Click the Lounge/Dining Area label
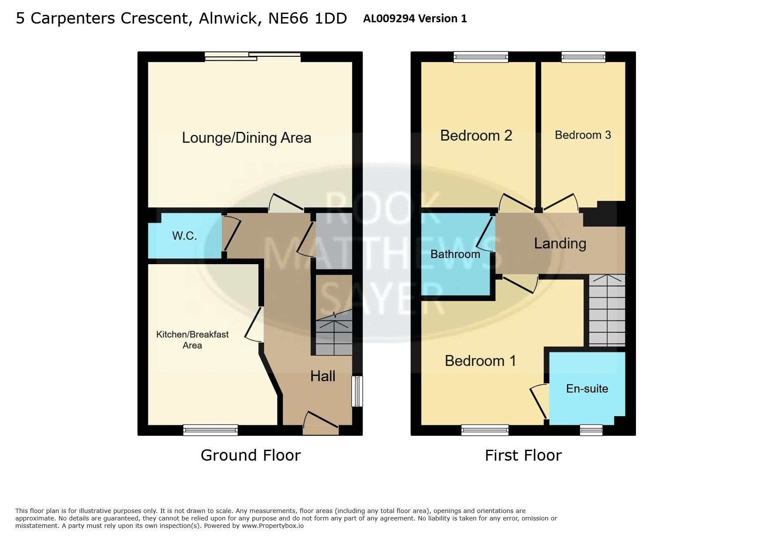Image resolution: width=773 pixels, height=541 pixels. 246,138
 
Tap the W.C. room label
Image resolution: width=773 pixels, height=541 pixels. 185,236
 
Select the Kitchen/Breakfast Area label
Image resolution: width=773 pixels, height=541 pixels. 192,340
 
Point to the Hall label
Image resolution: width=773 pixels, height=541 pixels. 323,376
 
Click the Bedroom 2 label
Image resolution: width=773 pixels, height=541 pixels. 476,135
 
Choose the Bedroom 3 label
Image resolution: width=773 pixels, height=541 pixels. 583,135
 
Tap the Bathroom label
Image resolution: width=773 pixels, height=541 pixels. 455,254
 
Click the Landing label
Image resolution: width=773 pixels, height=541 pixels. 560,243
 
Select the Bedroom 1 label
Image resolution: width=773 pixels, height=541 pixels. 480,361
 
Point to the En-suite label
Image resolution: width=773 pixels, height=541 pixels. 587,389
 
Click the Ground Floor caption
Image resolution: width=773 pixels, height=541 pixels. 251,455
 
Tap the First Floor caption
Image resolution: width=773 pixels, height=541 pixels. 523,455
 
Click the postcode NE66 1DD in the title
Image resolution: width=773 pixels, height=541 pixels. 307,18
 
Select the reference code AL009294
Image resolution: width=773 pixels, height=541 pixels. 388,18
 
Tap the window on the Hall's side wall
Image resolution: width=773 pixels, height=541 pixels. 357,392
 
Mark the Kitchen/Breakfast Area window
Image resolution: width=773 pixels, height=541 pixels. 210,430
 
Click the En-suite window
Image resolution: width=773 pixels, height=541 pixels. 591,430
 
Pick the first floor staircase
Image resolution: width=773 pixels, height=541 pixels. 607,310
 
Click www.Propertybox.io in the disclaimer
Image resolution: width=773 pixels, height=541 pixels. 272,526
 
